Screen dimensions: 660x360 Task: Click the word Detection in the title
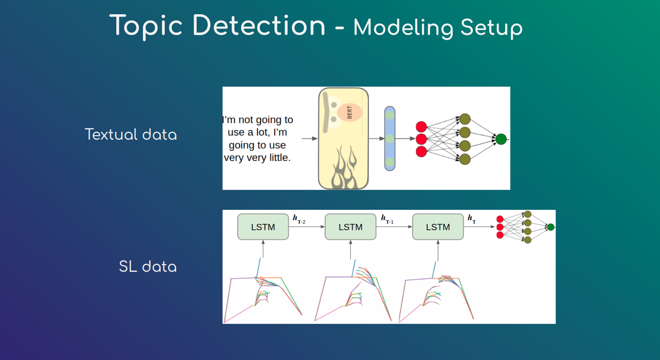[x=259, y=26]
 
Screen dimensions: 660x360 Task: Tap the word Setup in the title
[x=491, y=28]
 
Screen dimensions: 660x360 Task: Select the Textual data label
[x=131, y=134]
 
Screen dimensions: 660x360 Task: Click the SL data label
[x=147, y=266]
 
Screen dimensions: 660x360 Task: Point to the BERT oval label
[x=350, y=112]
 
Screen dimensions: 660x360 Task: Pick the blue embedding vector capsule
[x=390, y=139]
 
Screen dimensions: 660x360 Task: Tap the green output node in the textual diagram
[x=501, y=139]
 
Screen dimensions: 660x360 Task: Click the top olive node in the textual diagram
[x=465, y=119]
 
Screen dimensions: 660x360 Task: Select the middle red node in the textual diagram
[x=421, y=139]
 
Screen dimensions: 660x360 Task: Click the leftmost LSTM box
[x=263, y=227]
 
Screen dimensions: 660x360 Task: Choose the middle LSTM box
[x=350, y=227]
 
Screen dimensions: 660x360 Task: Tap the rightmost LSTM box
[x=438, y=227]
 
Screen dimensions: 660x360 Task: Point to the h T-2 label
[x=299, y=219]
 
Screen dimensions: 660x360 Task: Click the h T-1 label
[x=387, y=219]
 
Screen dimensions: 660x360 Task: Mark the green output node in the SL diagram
[x=551, y=227]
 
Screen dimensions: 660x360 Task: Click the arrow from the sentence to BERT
[x=309, y=139]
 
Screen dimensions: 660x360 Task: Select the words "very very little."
[x=257, y=157]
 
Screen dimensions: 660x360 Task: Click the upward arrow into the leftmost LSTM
[x=263, y=249]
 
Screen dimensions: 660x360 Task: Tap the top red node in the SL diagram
[x=500, y=219]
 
